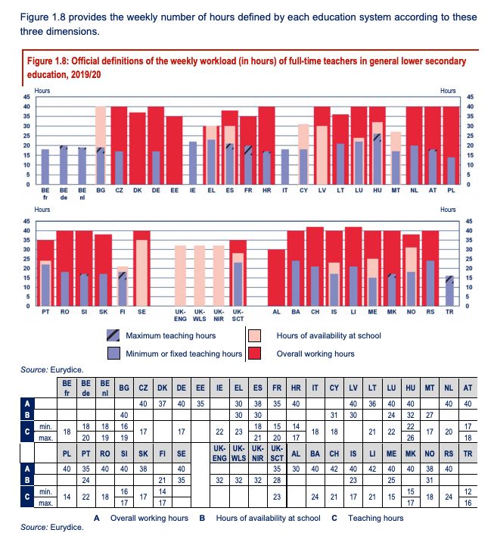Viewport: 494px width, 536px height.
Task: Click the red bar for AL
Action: (x=276, y=278)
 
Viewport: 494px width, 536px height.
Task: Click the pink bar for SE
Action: (x=141, y=273)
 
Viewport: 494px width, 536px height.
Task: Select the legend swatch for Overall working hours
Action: (x=255, y=353)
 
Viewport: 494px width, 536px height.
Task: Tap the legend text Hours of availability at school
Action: (x=329, y=335)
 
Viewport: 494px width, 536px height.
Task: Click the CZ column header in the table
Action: (x=143, y=387)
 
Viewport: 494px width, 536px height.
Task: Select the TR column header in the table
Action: (x=467, y=454)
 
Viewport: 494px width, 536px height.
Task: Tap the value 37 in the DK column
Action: (x=161, y=404)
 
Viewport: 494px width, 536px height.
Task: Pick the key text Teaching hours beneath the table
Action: (x=375, y=518)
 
